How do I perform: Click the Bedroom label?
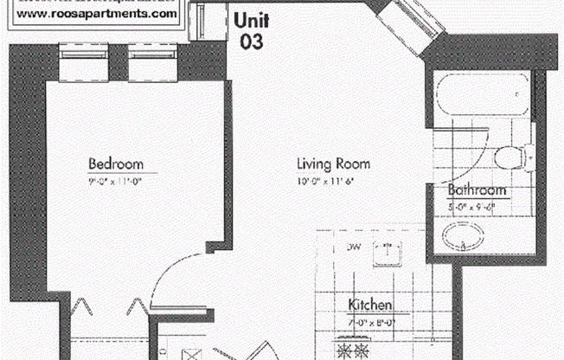(116, 164)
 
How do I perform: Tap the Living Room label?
(333, 164)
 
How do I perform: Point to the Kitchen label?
(371, 305)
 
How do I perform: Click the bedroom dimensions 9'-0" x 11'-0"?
(116, 181)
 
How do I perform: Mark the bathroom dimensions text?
(477, 206)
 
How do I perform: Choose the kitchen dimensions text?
(371, 321)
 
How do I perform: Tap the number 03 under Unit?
(252, 39)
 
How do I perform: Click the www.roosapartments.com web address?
(99, 15)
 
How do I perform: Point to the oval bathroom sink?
(459, 235)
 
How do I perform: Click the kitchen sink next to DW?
(387, 253)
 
